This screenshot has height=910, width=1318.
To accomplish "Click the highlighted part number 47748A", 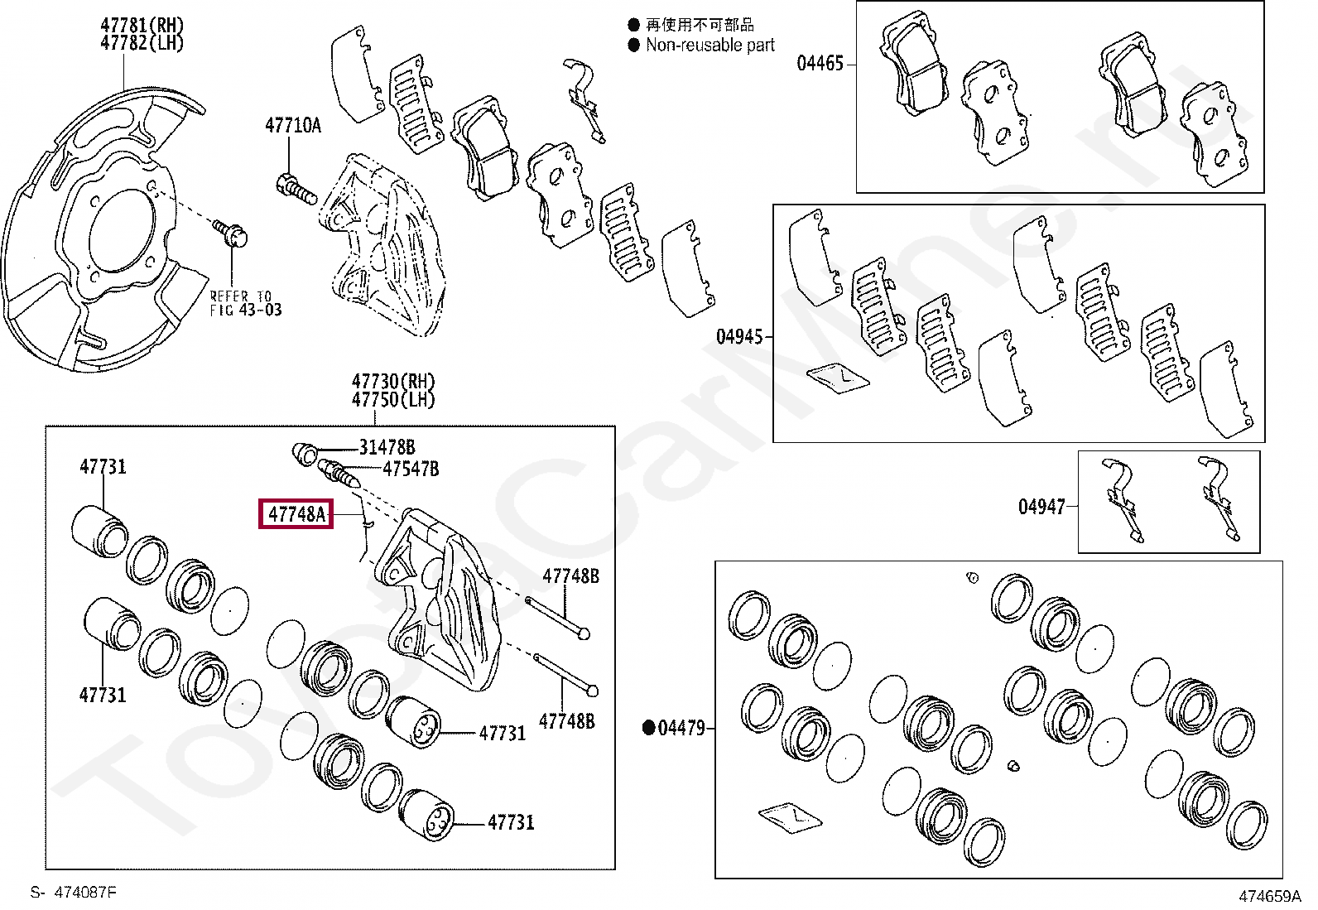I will (296, 514).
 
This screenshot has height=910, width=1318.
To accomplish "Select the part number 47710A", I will (292, 125).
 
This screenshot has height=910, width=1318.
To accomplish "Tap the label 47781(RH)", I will (142, 26).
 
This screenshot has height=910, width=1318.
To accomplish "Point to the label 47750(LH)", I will (392, 399).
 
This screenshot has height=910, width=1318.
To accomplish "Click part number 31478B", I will (387, 447).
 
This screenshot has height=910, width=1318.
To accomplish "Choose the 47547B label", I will (411, 469).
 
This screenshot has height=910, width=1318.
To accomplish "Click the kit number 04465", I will (820, 63).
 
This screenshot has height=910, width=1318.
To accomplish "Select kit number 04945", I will (739, 336).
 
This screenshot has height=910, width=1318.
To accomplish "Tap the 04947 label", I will (1041, 506).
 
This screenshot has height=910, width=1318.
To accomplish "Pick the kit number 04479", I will (681, 728).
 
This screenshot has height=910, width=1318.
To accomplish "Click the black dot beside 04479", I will (650, 728).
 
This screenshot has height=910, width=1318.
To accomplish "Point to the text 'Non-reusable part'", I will (710, 46).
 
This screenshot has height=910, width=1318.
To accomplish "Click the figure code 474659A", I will (1269, 896).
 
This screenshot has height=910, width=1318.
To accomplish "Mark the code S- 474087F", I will (74, 892).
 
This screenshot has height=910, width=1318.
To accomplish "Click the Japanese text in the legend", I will (700, 25).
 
